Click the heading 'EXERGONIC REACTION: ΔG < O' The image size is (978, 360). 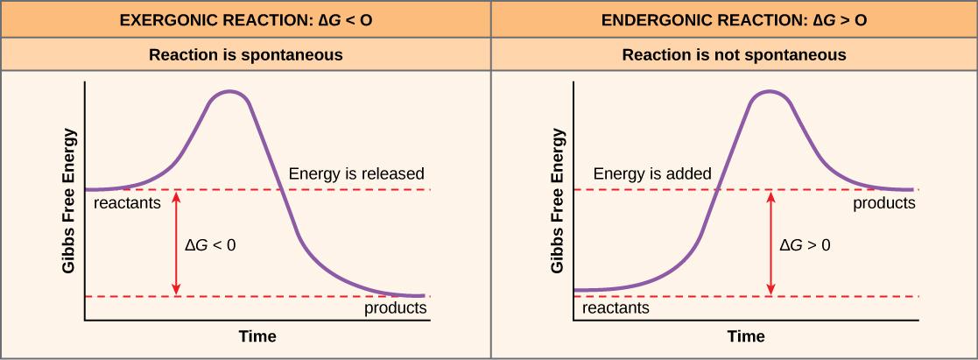point(244,19)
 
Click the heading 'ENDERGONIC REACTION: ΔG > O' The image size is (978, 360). point(734,19)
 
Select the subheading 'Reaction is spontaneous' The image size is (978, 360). point(245,55)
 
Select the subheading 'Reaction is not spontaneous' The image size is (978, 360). point(734,55)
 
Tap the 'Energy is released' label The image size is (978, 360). point(355,173)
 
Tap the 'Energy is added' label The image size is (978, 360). point(652,173)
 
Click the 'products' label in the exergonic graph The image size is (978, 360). point(395,308)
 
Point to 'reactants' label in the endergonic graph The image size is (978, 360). point(616,308)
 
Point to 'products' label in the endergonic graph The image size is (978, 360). point(884,204)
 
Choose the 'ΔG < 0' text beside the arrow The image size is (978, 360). point(210,246)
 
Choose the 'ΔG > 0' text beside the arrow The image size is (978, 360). point(805,246)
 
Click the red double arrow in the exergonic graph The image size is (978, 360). point(177,244)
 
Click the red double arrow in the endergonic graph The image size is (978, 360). point(770,244)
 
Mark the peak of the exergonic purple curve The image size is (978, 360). point(229,91)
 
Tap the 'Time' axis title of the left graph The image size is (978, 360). point(257,336)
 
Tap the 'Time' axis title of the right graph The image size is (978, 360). point(746,336)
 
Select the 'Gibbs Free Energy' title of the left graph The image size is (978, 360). point(69,201)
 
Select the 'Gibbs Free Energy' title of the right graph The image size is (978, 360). point(558,201)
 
